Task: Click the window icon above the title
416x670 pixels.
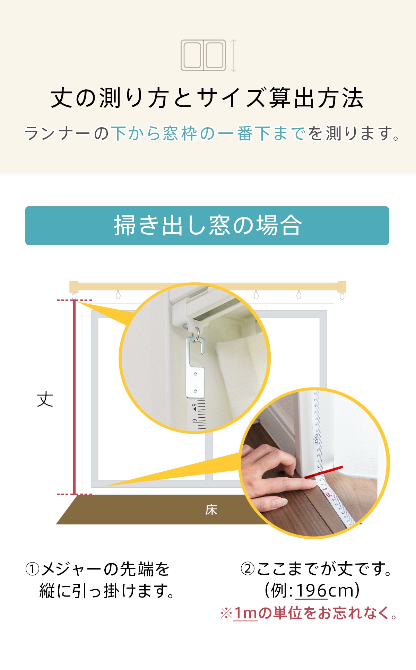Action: coord(203,55)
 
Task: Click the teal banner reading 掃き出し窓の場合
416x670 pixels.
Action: coord(207,226)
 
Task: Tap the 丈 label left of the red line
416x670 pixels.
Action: coord(45,400)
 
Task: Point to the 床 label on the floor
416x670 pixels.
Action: coord(211,510)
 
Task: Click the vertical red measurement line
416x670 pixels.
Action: coord(74,397)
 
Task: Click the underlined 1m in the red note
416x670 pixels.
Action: coord(245,613)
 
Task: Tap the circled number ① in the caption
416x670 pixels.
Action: coord(33,569)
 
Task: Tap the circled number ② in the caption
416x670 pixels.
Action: coord(248,569)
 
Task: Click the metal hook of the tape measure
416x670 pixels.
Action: coord(195,367)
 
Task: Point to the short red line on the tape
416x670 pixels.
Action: coord(324,472)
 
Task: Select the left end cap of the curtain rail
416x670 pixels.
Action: coord(74,287)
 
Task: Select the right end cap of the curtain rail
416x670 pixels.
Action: coord(342,287)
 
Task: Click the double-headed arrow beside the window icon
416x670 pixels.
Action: coord(234,55)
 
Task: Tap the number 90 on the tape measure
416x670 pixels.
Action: coord(316,438)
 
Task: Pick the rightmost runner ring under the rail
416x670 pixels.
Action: coord(342,296)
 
